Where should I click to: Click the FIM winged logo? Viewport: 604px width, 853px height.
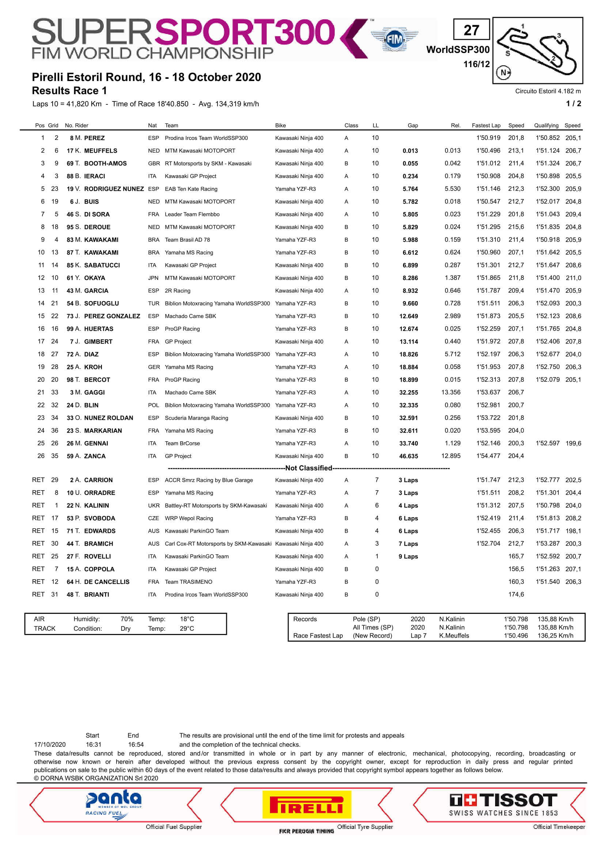click(395, 39)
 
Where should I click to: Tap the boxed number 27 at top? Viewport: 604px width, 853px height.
click(471, 30)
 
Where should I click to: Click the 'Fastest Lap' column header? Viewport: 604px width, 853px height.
click(486, 126)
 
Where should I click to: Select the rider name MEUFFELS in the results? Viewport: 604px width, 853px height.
click(100, 151)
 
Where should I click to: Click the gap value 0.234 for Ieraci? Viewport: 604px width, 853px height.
click(410, 176)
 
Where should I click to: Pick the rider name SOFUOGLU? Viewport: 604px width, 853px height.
click(101, 304)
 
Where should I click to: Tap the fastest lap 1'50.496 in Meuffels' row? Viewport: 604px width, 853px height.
click(488, 151)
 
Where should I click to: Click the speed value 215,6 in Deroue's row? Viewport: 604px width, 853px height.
click(516, 227)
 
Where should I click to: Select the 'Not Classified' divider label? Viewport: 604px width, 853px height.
click(309, 468)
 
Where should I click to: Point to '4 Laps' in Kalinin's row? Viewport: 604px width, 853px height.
click(408, 506)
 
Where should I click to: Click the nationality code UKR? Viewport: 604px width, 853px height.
click(153, 506)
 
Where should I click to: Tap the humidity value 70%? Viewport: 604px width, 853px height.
click(127, 619)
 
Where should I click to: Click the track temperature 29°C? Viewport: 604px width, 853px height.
click(187, 629)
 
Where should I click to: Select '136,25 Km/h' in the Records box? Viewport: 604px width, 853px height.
click(555, 636)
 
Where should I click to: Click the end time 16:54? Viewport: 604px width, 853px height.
click(136, 745)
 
